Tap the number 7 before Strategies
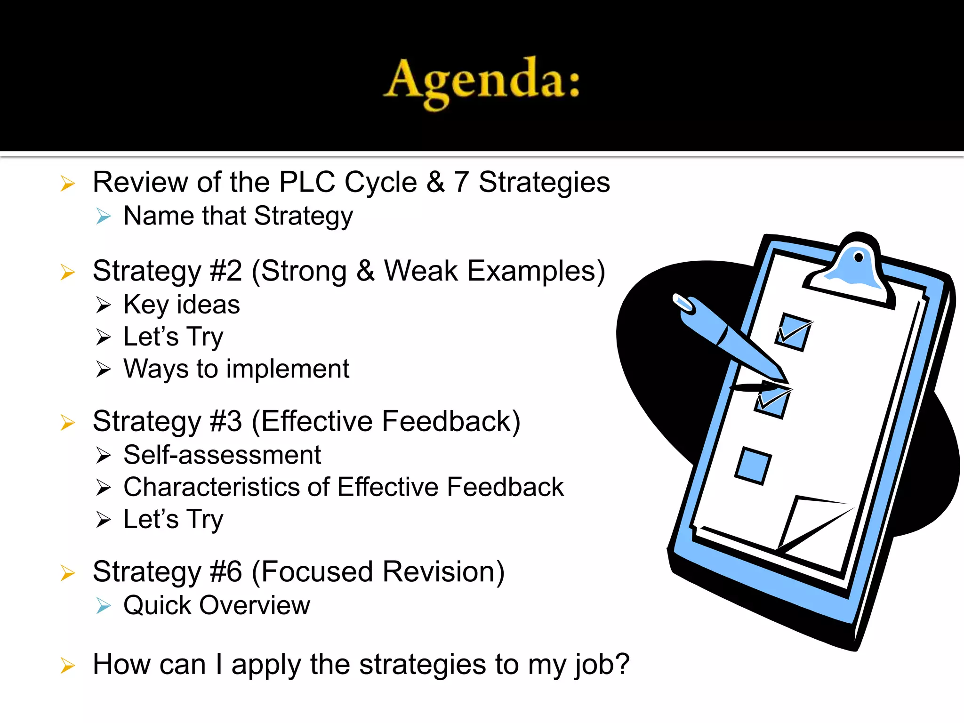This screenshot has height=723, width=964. pyautogui.click(x=461, y=182)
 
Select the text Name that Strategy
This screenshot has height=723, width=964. pyautogui.click(x=238, y=216)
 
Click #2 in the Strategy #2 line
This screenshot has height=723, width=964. pyautogui.click(x=226, y=271)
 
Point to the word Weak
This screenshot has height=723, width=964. pyautogui.click(x=421, y=271)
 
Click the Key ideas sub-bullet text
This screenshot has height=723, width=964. pyautogui.click(x=182, y=305)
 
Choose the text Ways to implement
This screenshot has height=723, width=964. pyautogui.click(x=236, y=369)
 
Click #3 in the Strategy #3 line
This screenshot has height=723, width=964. pyautogui.click(x=226, y=421)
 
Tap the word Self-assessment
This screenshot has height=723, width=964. pyautogui.click(x=222, y=455)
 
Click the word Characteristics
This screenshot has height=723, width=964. pyautogui.click(x=212, y=487)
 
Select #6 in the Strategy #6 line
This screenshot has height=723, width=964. pyautogui.click(x=226, y=572)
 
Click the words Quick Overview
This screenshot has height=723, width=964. pyautogui.click(x=217, y=605)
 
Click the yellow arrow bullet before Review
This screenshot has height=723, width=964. pyautogui.click(x=68, y=184)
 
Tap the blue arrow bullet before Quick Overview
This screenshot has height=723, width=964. pyautogui.click(x=103, y=606)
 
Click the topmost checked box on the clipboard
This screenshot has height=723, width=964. pyautogui.click(x=794, y=332)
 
